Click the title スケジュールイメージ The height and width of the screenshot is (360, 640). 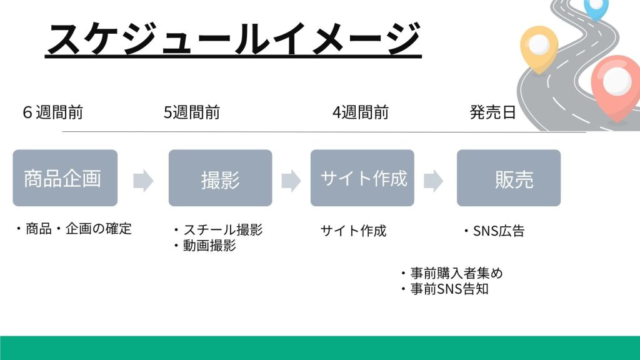234,39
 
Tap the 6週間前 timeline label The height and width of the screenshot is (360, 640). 53,112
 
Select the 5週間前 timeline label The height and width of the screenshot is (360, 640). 192,112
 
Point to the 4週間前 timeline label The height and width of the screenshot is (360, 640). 361,112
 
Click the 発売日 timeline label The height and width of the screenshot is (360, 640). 492,112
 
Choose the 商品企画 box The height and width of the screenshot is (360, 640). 65,178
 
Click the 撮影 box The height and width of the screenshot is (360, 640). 221,178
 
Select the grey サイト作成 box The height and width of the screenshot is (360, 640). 362,178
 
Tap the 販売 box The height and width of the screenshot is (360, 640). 509,178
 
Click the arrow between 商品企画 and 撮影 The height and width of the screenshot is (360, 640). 143,181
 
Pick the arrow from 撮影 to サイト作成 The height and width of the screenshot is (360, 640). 291,181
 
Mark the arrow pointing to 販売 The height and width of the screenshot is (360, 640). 434,181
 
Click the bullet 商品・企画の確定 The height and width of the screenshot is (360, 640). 74,229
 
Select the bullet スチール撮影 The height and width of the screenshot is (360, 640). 218,230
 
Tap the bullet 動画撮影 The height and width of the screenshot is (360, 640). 204,246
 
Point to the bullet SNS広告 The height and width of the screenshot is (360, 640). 494,231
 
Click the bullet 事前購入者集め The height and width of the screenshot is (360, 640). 451,273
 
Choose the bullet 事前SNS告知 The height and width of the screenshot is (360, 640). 444,289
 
